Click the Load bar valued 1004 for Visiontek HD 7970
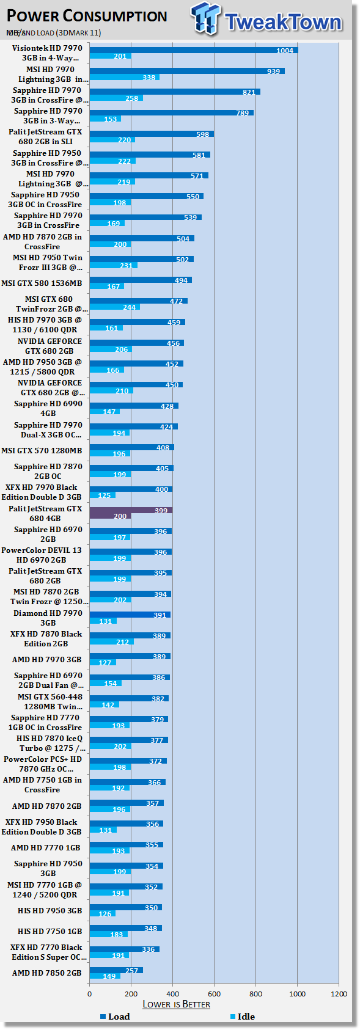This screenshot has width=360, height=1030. coord(193,50)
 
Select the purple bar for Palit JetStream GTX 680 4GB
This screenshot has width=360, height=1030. coord(131,513)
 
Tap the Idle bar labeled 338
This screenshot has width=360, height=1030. coord(124,78)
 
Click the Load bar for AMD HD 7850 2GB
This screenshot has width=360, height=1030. coord(116,970)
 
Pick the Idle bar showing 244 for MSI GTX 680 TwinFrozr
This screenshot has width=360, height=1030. coord(114,307)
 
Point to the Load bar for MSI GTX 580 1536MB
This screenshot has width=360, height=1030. coord(141,280)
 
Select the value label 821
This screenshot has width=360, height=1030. coord(249,92)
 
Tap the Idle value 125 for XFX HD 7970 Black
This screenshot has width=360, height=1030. coord(104,495)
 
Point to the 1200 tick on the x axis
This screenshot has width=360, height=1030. coord(339,994)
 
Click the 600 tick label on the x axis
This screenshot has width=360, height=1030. coord(214,994)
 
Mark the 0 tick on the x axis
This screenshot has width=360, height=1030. coord(90,994)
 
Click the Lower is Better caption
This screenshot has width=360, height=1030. coord(176,1004)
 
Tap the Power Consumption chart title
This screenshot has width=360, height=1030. coord(87,16)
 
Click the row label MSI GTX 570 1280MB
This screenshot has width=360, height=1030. coord(42,450)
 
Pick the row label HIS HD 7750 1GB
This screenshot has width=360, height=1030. coord(50,931)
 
